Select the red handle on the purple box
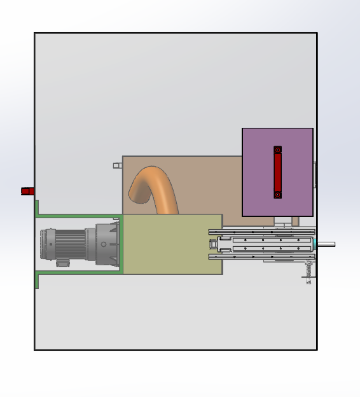[277, 172]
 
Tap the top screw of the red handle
[277, 150]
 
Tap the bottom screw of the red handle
[277, 195]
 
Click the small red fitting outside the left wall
[27, 191]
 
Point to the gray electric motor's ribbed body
[71, 244]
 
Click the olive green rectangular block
[172, 244]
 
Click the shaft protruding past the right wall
[326, 244]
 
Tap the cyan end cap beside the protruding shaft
[314, 244]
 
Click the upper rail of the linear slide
[261, 232]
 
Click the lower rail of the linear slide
[261, 256]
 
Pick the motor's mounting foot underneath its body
[63, 262]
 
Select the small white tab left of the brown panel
[117, 165]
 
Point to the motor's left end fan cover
[45, 244]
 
